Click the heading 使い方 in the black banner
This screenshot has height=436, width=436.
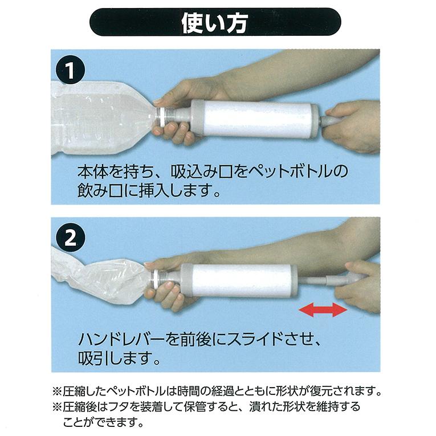pyautogui.click(x=214, y=23)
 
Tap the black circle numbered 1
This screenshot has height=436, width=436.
pyautogui.click(x=70, y=70)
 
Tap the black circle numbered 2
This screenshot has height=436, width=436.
pyautogui.click(x=70, y=238)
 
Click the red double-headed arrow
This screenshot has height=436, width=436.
pyautogui.click(x=323, y=310)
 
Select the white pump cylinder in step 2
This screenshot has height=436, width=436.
pyautogui.click(x=239, y=281)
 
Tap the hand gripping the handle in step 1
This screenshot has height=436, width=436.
pyautogui.click(x=353, y=126)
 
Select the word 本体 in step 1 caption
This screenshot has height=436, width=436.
pyautogui.click(x=92, y=172)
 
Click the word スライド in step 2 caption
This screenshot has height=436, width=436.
pyautogui.click(x=259, y=339)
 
